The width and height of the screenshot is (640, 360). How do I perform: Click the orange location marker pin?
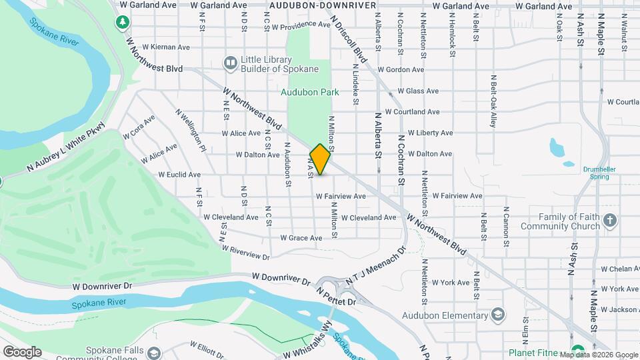click(x=321, y=159)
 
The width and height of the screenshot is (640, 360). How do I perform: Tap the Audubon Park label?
click(x=310, y=92)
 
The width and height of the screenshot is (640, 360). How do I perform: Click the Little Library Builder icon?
click(x=230, y=63)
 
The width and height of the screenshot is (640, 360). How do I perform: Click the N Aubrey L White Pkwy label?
click(x=66, y=148)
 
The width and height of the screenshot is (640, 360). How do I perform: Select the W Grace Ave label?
click(x=301, y=238)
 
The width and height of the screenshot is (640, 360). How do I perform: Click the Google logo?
click(x=22, y=351)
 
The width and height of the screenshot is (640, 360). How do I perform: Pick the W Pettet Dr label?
click(x=336, y=297)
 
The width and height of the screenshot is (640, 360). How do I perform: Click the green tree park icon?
click(x=122, y=23)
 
